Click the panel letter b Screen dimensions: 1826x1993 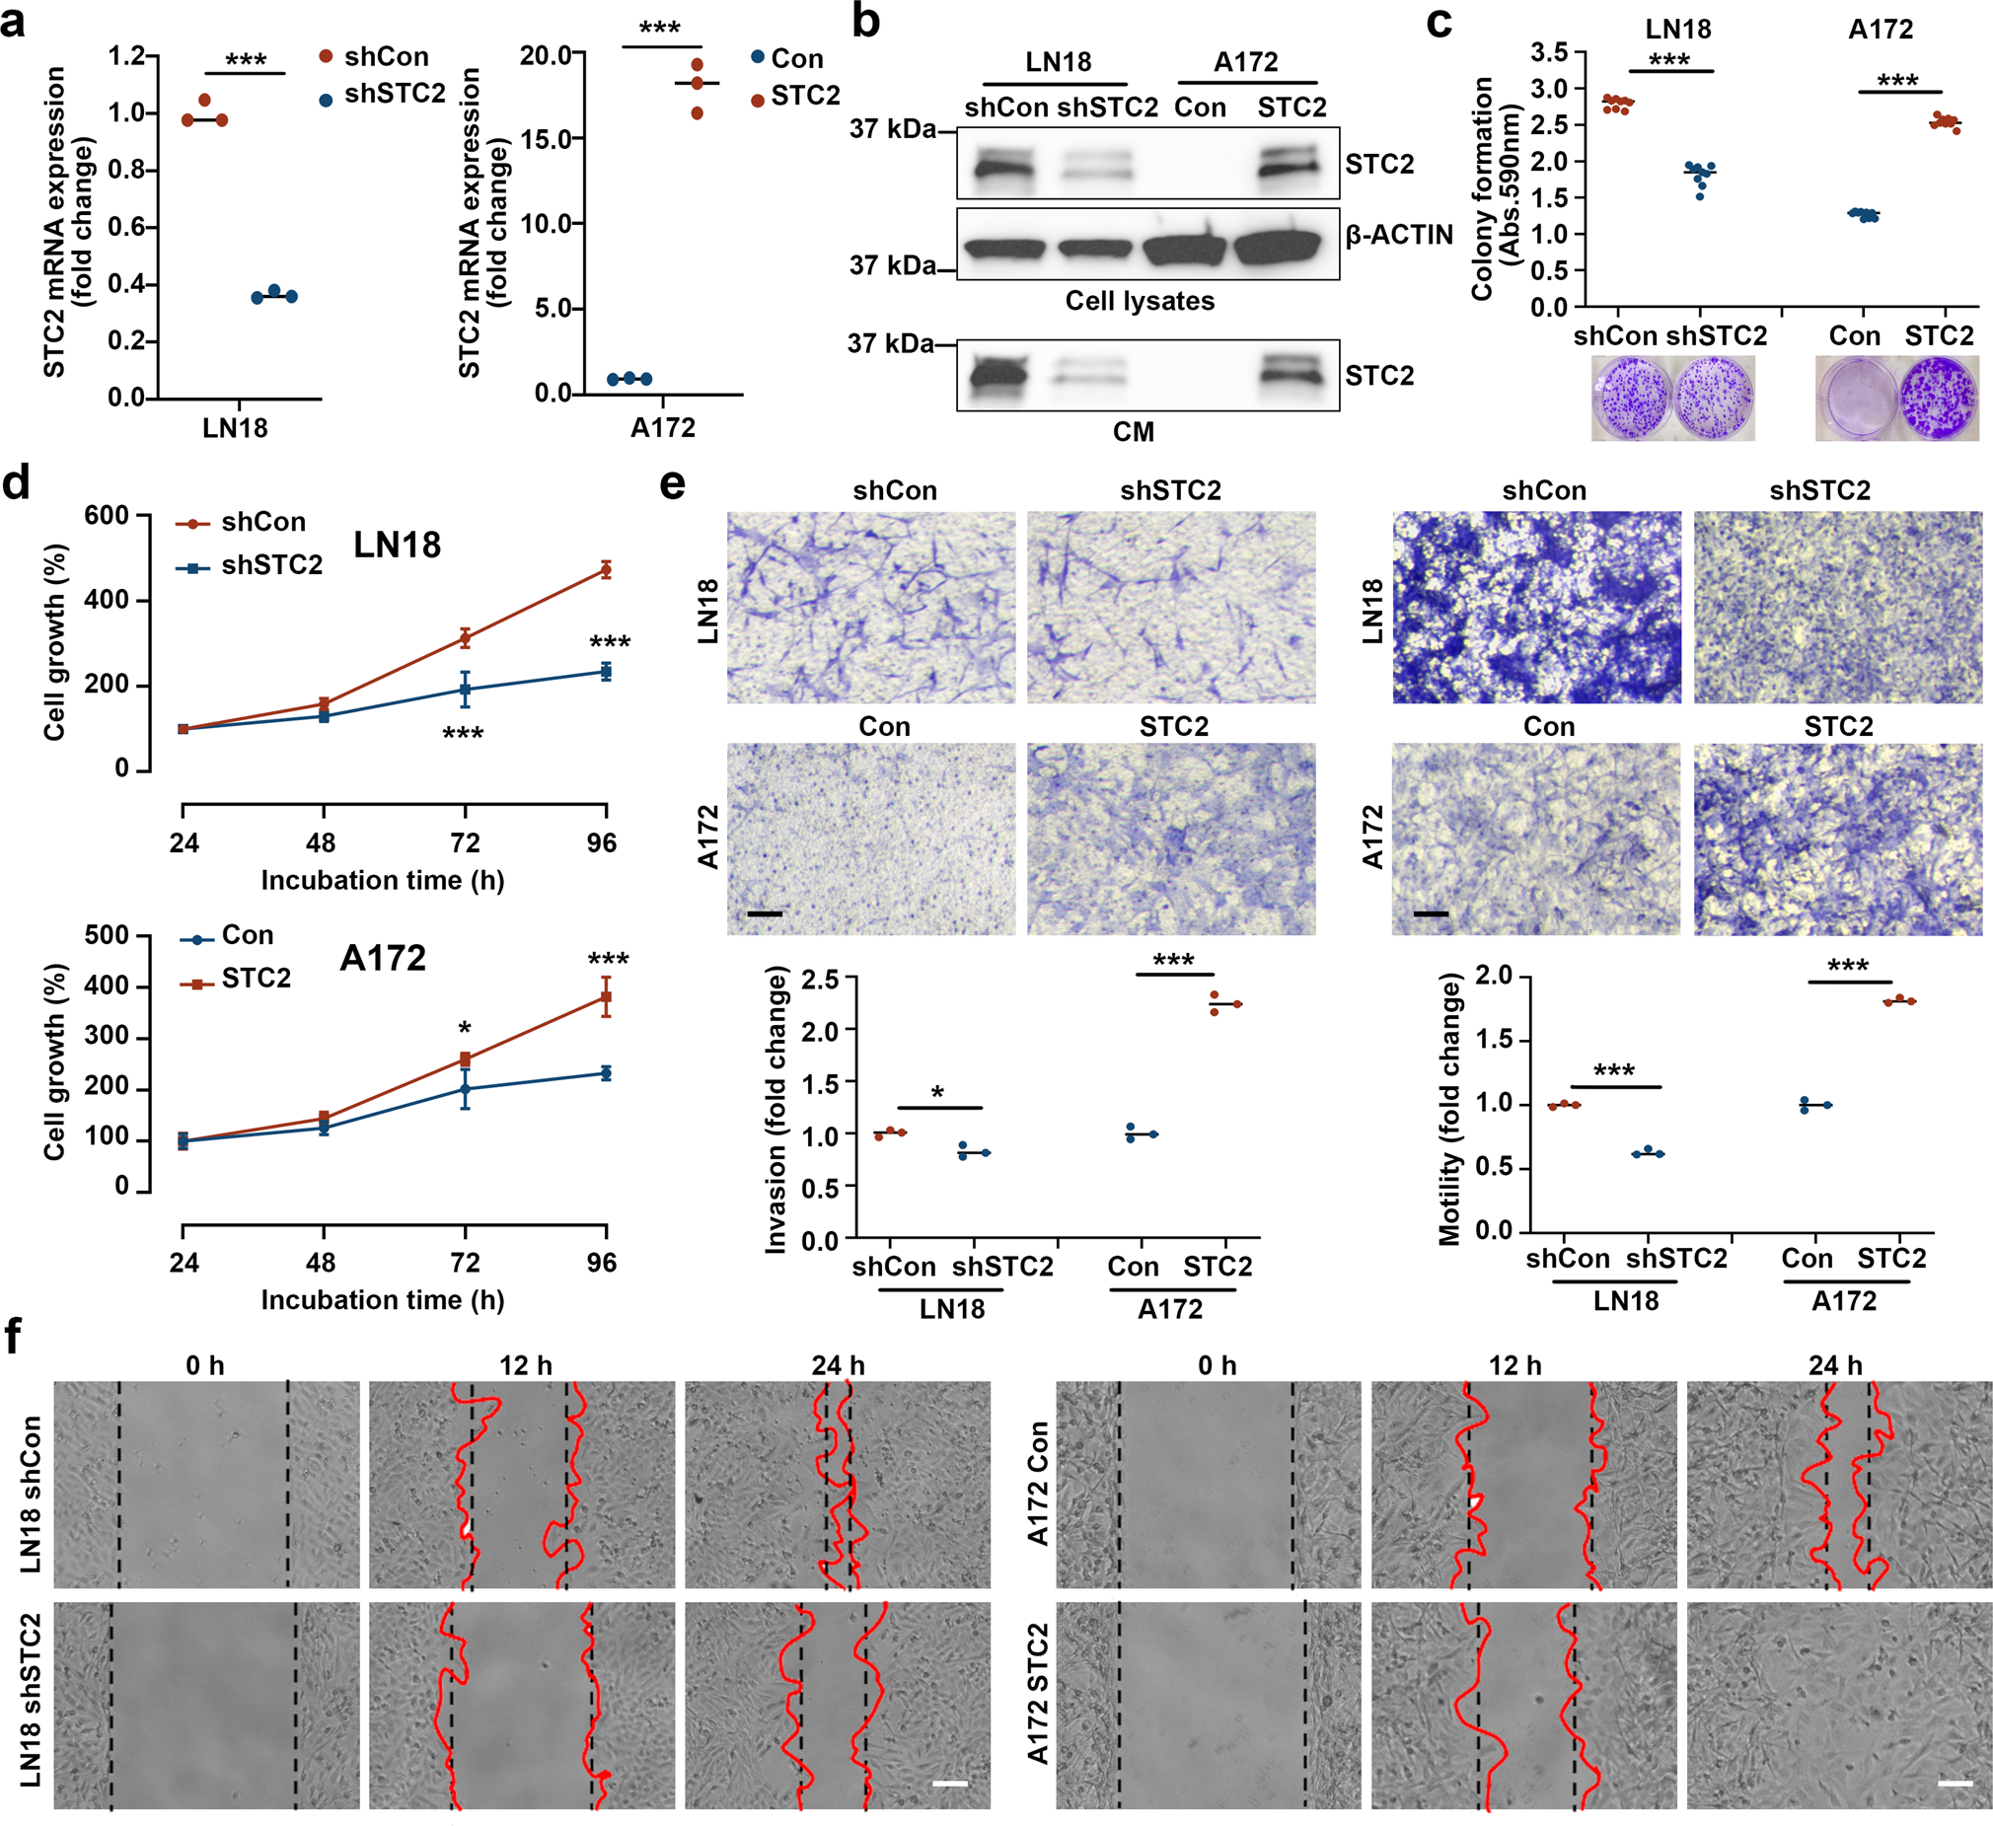(866, 22)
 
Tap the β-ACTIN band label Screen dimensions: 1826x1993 (1399, 236)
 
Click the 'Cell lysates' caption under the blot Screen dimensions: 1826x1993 (1139, 301)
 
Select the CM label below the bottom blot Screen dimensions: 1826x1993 (1133, 432)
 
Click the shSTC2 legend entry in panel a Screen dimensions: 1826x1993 (394, 94)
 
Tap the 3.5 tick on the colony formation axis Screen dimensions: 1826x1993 (1550, 52)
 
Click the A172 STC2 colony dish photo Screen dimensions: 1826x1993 (1938, 399)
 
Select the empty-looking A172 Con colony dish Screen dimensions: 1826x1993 (1856, 399)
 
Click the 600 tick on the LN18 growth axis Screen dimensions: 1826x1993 (107, 515)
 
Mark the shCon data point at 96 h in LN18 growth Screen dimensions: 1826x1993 (606, 569)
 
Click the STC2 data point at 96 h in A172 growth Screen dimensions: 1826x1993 (606, 996)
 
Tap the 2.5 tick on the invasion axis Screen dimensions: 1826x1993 (821, 980)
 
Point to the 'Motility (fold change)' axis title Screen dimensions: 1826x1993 (1450, 1109)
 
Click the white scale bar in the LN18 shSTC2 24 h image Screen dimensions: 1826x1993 (949, 1784)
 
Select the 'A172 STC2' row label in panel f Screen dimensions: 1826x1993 (1038, 1694)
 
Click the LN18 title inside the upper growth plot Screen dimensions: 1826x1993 (398, 545)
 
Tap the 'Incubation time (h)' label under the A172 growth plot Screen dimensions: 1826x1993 (383, 1300)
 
